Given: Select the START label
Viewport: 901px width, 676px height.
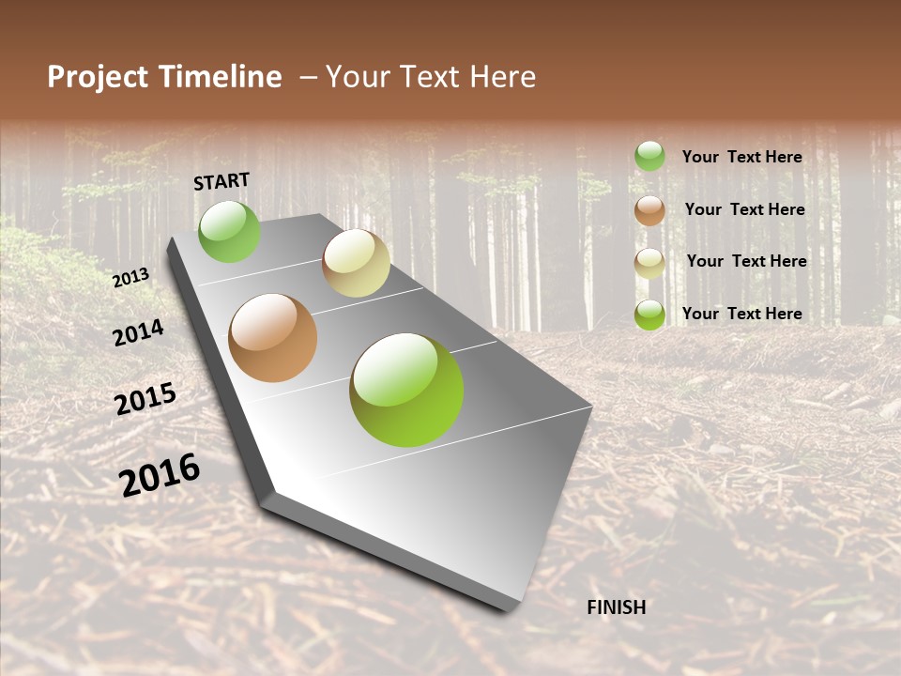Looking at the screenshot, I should (x=221, y=181).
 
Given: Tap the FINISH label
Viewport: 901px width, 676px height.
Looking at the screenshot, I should (x=617, y=607).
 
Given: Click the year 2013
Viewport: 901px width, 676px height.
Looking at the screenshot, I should (x=131, y=277).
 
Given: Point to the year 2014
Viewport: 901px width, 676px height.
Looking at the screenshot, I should (x=138, y=332).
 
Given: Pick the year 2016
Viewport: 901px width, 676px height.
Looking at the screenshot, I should (x=160, y=474).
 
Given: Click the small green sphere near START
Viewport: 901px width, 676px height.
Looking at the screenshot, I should (x=230, y=232).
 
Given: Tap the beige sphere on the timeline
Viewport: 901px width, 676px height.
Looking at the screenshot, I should (x=356, y=263).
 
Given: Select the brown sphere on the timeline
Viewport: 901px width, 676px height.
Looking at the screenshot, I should (x=273, y=338).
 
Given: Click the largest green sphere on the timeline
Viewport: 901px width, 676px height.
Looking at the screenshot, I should (x=406, y=390).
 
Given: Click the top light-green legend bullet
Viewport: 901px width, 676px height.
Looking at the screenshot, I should (x=649, y=156).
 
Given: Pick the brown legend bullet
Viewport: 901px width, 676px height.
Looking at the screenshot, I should (x=649, y=210).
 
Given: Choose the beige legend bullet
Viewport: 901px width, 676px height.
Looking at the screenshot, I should (x=649, y=263).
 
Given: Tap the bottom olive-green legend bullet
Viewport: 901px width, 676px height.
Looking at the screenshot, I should (x=649, y=315).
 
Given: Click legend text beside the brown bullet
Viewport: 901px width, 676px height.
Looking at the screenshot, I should (x=745, y=209).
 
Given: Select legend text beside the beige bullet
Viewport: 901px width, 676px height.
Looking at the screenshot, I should (x=747, y=261).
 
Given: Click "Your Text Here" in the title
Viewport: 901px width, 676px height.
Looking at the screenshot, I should (x=431, y=77).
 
